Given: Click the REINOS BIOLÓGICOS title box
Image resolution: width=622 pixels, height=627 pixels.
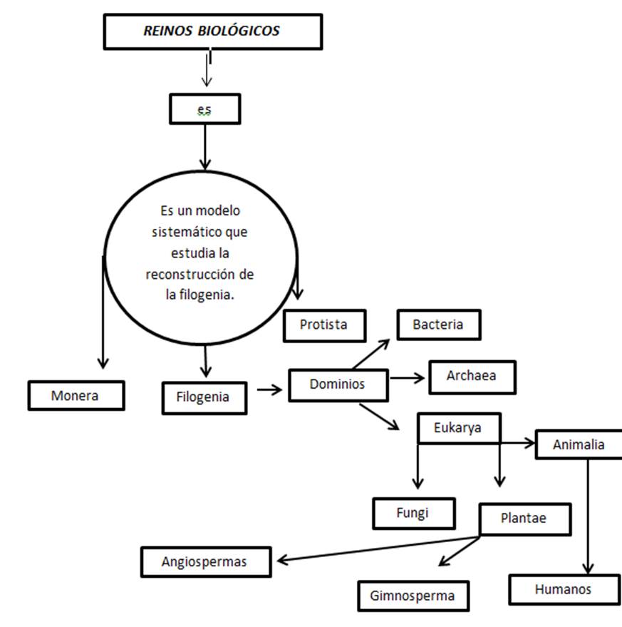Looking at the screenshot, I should pos(212,32).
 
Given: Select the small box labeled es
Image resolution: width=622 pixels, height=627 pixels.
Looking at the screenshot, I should pos(204,110).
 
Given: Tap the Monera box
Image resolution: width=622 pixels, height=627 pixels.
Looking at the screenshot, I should pos(76,395).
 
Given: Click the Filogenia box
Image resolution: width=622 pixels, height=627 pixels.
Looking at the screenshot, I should pos(204,397).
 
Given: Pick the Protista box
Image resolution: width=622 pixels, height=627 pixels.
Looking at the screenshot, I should pos(324,325).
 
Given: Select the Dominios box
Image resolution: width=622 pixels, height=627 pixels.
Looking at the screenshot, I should pos(338,384).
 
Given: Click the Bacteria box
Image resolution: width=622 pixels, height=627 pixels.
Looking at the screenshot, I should pos(438,325).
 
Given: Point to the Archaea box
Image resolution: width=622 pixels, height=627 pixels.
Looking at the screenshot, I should pos(471,377).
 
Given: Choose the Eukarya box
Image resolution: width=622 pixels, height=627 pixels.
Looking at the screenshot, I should pos(458,428).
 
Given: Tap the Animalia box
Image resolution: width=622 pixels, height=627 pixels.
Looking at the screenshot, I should pos(579,444).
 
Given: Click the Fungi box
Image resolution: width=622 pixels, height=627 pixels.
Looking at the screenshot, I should pos(413,513).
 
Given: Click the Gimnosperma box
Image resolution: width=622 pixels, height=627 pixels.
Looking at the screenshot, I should pos(412,596).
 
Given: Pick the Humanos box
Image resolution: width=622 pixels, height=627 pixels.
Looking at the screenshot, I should pos(562,590).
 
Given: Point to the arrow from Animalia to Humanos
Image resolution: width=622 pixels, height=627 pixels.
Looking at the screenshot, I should pos(588,514).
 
